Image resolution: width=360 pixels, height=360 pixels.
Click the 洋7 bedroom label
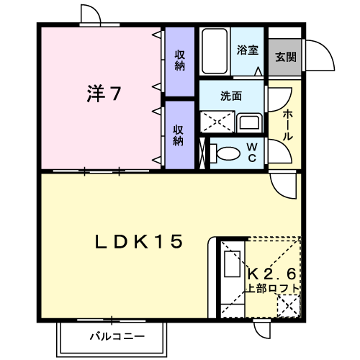(x=104, y=94)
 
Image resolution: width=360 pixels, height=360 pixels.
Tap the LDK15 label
(x=139, y=241)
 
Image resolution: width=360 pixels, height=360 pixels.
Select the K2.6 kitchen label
(x=271, y=274)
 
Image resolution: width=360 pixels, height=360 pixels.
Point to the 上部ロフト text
(x=271, y=288)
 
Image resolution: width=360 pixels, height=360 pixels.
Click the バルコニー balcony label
(x=117, y=337)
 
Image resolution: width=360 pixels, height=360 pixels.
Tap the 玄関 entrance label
(x=285, y=57)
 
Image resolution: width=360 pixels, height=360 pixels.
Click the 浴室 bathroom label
(x=248, y=50)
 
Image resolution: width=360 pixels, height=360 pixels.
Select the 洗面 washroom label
(x=231, y=96)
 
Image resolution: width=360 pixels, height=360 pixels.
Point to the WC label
(x=252, y=152)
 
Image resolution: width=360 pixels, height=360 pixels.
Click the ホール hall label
(x=288, y=125)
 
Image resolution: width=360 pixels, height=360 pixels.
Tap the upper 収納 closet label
(x=180, y=60)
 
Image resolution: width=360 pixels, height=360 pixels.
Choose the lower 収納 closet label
(x=179, y=135)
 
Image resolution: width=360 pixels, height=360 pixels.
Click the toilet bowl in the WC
(x=225, y=153)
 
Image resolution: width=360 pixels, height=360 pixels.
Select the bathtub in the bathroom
(x=215, y=51)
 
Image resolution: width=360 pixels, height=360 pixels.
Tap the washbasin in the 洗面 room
(x=249, y=123)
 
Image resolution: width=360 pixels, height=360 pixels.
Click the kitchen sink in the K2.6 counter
(x=233, y=264)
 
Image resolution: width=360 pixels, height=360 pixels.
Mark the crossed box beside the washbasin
(x=217, y=122)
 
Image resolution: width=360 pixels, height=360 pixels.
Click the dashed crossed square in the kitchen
(x=289, y=306)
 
